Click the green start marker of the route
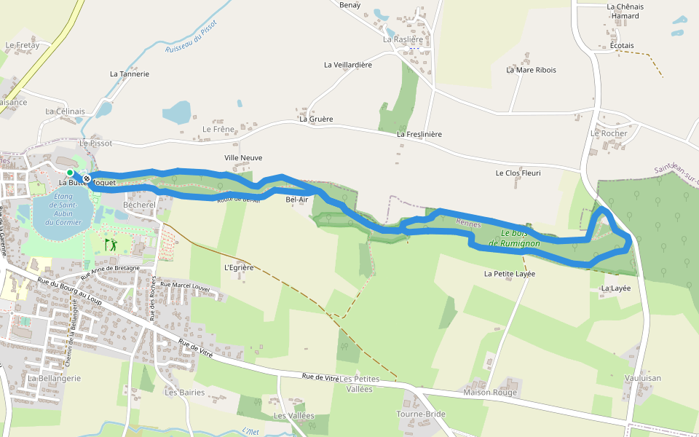point(70,173)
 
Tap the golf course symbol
point(111,244)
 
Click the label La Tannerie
point(130,74)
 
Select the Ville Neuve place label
point(243,157)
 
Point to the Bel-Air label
point(297,199)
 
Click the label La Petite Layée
point(510,274)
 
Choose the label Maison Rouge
point(490,393)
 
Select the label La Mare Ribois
point(532,70)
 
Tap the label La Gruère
point(316,119)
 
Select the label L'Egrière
point(239,267)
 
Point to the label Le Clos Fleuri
point(518,173)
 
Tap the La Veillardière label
point(348,65)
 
